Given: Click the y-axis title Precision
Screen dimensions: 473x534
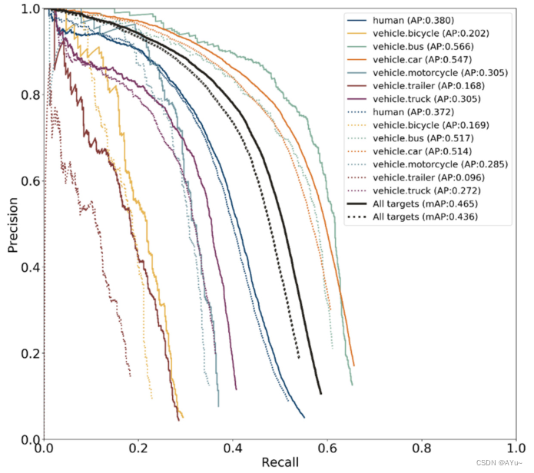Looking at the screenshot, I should click(x=13, y=223).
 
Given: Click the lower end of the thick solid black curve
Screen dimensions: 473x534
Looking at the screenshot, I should click(x=320, y=393).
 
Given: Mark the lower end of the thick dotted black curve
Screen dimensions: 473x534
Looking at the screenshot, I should click(x=298, y=357).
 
